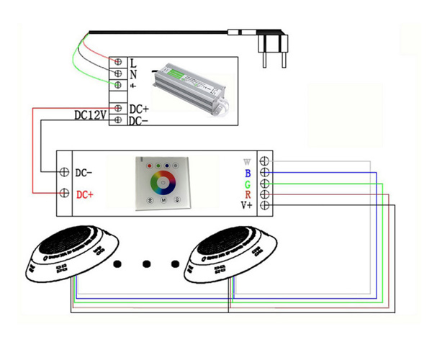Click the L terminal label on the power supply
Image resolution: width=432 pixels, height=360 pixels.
click(x=133, y=63)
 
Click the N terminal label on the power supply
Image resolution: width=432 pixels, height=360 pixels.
click(x=133, y=73)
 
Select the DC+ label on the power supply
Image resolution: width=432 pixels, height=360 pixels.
click(x=139, y=109)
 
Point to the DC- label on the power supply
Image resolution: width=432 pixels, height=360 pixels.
click(x=139, y=120)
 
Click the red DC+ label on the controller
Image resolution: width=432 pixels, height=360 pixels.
click(x=85, y=194)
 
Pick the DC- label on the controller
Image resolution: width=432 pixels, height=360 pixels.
click(x=84, y=173)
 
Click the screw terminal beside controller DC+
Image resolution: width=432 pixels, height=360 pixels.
click(x=65, y=194)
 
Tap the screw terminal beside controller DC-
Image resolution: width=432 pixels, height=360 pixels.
click(x=65, y=173)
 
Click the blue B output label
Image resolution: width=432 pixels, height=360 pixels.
click(x=248, y=173)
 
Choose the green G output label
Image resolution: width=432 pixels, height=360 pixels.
click(x=248, y=184)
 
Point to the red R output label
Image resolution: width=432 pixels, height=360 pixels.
click(x=248, y=195)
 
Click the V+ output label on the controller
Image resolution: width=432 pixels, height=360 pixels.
click(x=246, y=207)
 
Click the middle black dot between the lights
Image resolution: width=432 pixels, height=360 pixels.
click(x=148, y=264)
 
